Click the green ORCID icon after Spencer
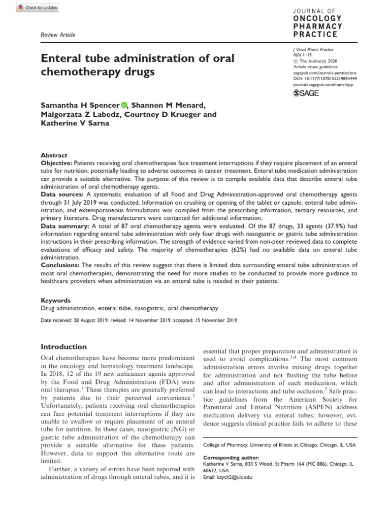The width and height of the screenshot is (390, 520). (x=124, y=105)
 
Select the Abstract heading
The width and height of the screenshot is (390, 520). (x=54, y=155)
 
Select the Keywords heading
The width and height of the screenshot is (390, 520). (x=55, y=301)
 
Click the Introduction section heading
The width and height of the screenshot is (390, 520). (x=63, y=347)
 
